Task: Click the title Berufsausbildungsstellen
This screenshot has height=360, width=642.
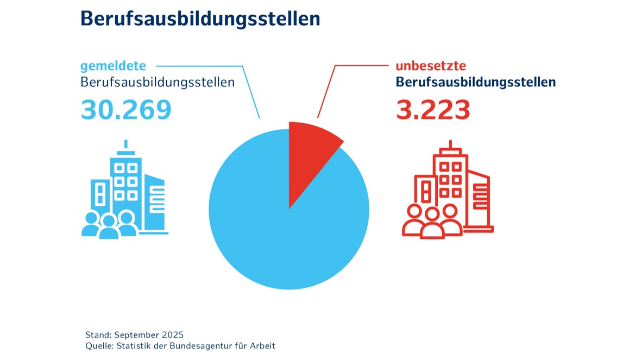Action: coord(200,18)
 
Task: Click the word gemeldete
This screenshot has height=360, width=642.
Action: coord(113,66)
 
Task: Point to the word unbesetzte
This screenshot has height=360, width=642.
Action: coord(431,66)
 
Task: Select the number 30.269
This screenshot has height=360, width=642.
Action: coord(126,110)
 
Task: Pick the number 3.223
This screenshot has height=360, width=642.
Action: coord(433,110)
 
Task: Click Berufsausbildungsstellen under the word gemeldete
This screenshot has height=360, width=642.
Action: coord(158,83)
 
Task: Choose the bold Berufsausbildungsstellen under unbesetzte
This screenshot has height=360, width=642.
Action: coord(476,83)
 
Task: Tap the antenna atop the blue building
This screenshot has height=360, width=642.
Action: coord(126,146)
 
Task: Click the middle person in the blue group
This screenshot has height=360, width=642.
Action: coord(109,227)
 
